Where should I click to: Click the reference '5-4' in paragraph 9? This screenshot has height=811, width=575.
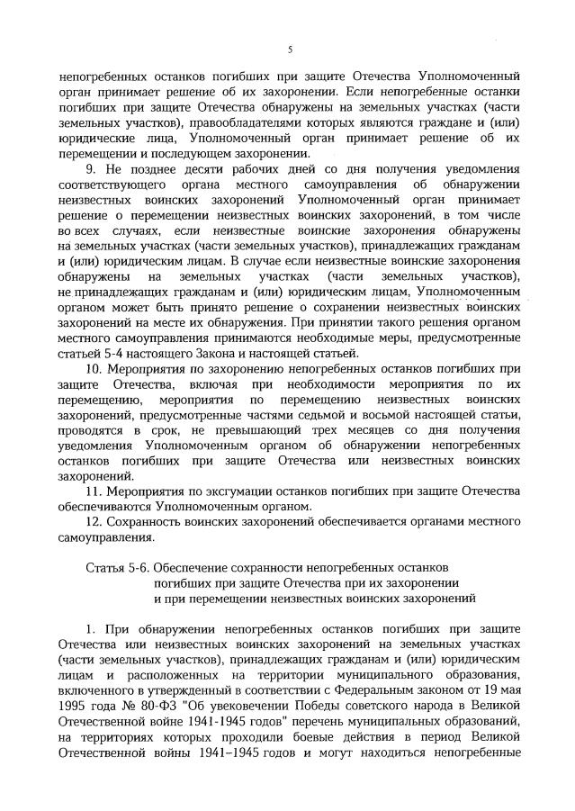point(98,352)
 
